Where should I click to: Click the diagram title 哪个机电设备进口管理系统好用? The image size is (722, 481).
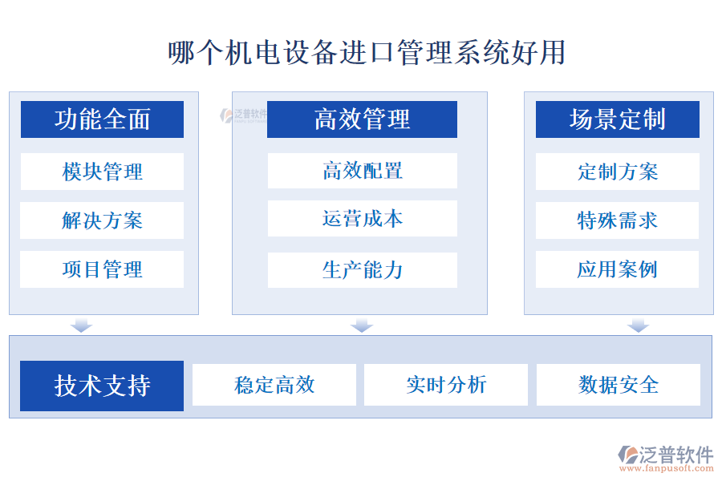(367, 52)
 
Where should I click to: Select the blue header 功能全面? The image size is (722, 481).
(102, 119)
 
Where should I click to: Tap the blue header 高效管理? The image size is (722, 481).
(362, 119)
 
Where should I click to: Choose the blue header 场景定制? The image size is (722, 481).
(617, 119)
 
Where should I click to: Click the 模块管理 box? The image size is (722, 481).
(102, 172)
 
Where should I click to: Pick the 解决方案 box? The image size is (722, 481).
(102, 220)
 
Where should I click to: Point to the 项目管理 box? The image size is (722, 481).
(102, 269)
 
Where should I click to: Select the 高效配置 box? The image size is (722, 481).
(362, 171)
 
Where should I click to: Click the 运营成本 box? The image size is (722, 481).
(362, 219)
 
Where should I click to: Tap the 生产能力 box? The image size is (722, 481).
(362, 270)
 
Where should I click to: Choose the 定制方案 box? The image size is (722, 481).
(617, 172)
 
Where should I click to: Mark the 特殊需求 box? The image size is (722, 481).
(617, 220)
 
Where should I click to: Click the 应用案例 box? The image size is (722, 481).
(617, 269)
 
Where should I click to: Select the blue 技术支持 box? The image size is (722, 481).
(102, 386)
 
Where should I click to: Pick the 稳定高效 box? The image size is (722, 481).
(274, 385)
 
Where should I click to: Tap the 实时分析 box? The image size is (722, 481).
(446, 385)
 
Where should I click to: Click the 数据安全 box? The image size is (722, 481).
(618, 385)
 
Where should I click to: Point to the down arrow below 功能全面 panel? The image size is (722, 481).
(82, 325)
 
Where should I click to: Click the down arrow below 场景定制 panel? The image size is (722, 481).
(638, 325)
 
